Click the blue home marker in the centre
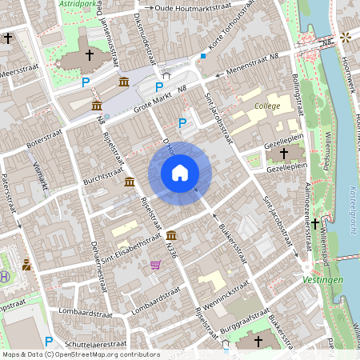pyautogui.click(x=179, y=172)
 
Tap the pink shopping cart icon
pyautogui.click(x=155, y=265)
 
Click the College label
pyautogui.click(x=267, y=106)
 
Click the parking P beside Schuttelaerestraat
pyautogui.click(x=48, y=342)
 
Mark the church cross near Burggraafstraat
pyautogui.click(x=258, y=342)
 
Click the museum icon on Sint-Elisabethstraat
pyautogui.click(x=172, y=235)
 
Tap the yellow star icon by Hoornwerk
pyautogui.click(x=346, y=37)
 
